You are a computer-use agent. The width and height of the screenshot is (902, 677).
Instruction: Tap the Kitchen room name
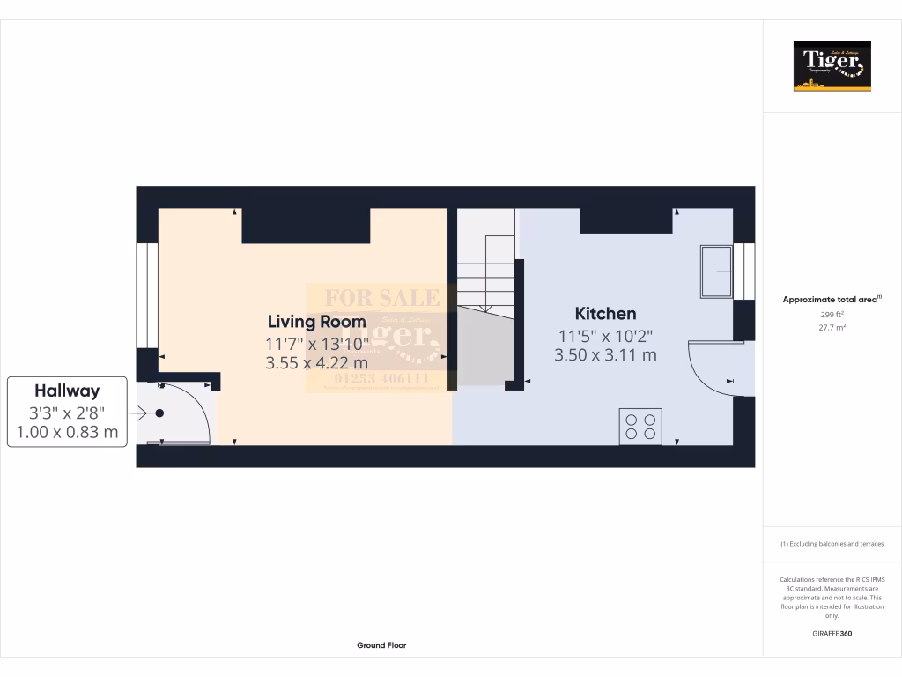605,314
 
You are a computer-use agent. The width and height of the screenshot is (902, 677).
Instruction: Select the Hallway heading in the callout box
67,391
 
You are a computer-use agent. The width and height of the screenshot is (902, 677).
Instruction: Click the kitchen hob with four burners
640,426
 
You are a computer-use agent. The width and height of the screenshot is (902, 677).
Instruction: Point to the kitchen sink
716,272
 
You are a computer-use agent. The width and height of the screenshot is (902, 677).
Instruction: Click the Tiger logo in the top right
832,66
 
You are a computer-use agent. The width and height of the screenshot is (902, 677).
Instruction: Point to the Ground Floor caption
381,645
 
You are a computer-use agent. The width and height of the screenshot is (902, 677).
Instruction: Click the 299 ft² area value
832,314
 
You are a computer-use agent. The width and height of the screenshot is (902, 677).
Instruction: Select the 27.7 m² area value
832,327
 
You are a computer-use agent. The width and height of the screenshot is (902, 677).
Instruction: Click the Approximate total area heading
831,300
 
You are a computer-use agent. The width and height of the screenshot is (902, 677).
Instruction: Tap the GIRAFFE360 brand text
832,633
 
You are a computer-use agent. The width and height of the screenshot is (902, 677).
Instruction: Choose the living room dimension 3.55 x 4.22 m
318,362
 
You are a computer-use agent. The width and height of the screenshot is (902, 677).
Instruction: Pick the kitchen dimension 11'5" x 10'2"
605,336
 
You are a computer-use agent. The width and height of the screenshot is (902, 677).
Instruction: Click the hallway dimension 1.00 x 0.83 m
67,432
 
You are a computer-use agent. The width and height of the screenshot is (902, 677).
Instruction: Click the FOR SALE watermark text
382,298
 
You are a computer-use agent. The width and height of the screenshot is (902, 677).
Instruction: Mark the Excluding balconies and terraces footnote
832,544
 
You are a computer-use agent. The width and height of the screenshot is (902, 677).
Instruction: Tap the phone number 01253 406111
381,379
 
